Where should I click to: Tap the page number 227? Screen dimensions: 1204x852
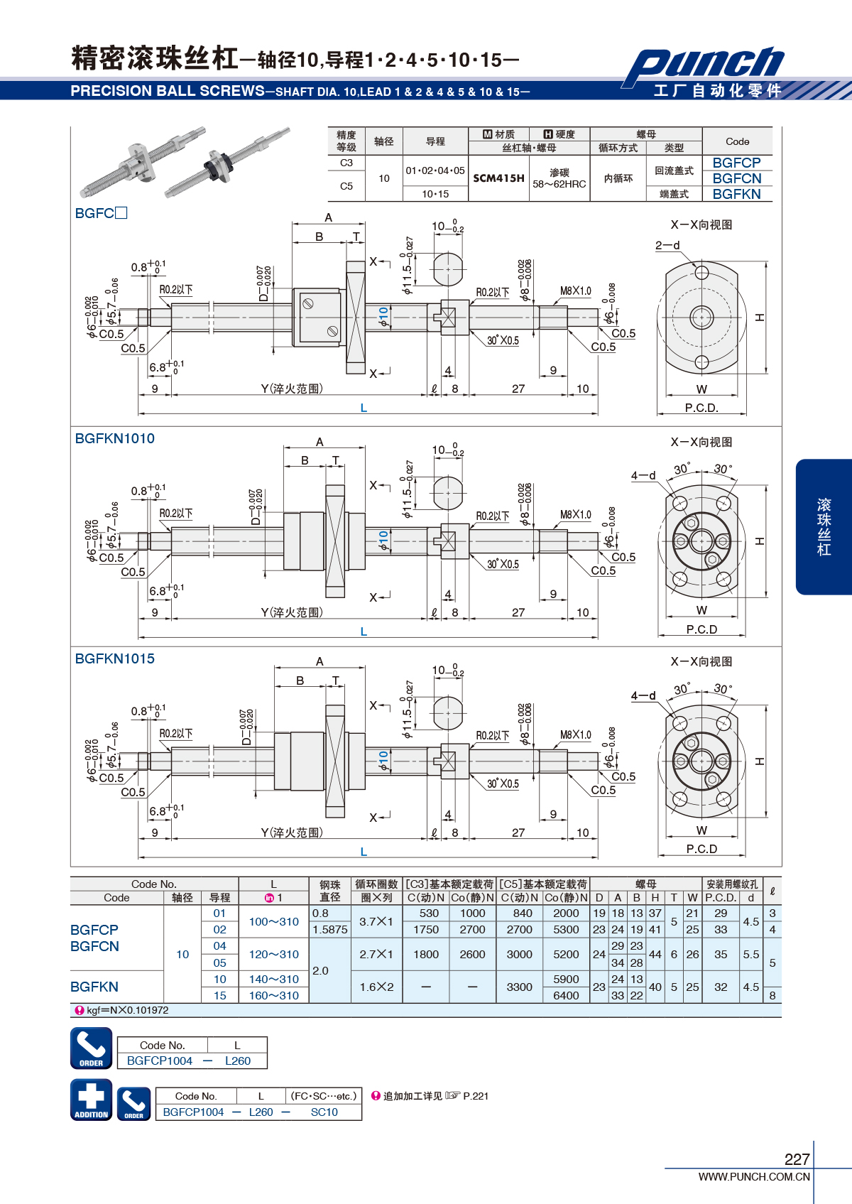point(797,1159)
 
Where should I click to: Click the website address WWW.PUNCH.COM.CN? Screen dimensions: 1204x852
point(754,1176)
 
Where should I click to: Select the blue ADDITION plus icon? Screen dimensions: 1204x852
point(91,1100)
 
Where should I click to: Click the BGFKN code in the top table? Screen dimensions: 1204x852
point(736,194)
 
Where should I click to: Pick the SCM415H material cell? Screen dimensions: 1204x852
point(498,178)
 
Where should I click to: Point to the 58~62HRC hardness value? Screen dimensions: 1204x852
point(559,184)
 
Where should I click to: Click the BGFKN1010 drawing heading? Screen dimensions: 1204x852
point(115,438)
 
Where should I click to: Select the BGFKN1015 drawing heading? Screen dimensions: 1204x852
point(115,658)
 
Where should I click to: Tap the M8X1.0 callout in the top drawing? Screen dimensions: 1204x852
point(575,291)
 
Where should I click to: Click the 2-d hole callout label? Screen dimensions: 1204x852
point(667,245)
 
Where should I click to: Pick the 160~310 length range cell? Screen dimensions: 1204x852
point(273,995)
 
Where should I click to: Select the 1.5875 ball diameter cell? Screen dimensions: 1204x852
point(330,929)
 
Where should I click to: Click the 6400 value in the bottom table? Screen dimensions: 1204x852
point(566,995)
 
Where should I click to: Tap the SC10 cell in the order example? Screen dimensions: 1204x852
point(324,1112)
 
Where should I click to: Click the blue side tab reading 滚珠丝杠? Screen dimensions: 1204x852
point(824,526)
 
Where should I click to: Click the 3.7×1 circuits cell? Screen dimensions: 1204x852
point(376,921)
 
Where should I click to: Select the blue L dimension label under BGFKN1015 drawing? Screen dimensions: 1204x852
point(364,852)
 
